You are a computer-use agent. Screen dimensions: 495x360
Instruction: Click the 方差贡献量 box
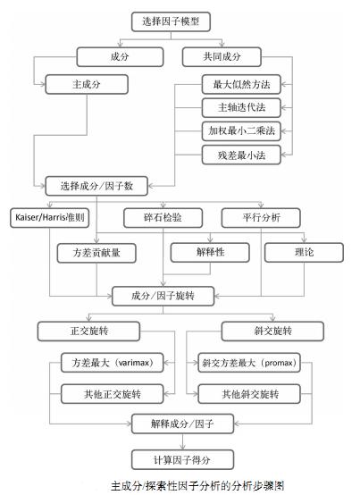click(96, 253)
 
